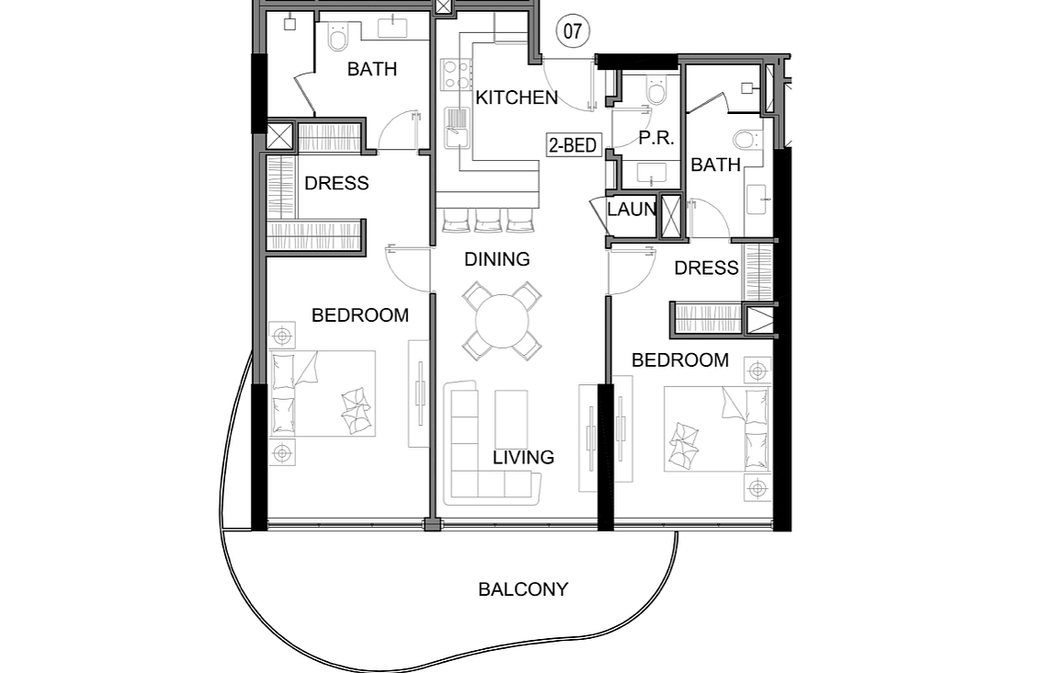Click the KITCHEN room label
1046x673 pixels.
coord(517,97)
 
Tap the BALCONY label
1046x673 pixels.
coord(523,589)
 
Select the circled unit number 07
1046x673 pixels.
coord(573,31)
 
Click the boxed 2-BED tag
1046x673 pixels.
coord(573,144)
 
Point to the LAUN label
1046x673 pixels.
coord(631,210)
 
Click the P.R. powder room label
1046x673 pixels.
coord(655,138)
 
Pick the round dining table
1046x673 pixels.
coord(502,321)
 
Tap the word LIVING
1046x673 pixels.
coord(523,458)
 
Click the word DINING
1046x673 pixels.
coord(497,258)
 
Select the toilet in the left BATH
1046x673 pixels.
coord(338,38)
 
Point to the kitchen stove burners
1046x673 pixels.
coord(455,74)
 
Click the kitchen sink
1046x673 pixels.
coord(458,128)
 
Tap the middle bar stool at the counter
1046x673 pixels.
coord(487,220)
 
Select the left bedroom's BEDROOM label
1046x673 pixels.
coord(360,314)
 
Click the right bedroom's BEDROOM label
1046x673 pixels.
coord(680,360)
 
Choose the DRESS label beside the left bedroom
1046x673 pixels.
coord(336,183)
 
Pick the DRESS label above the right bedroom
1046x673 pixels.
coord(706,268)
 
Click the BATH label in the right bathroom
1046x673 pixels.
coord(715,165)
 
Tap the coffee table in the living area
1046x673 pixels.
coord(512,419)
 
